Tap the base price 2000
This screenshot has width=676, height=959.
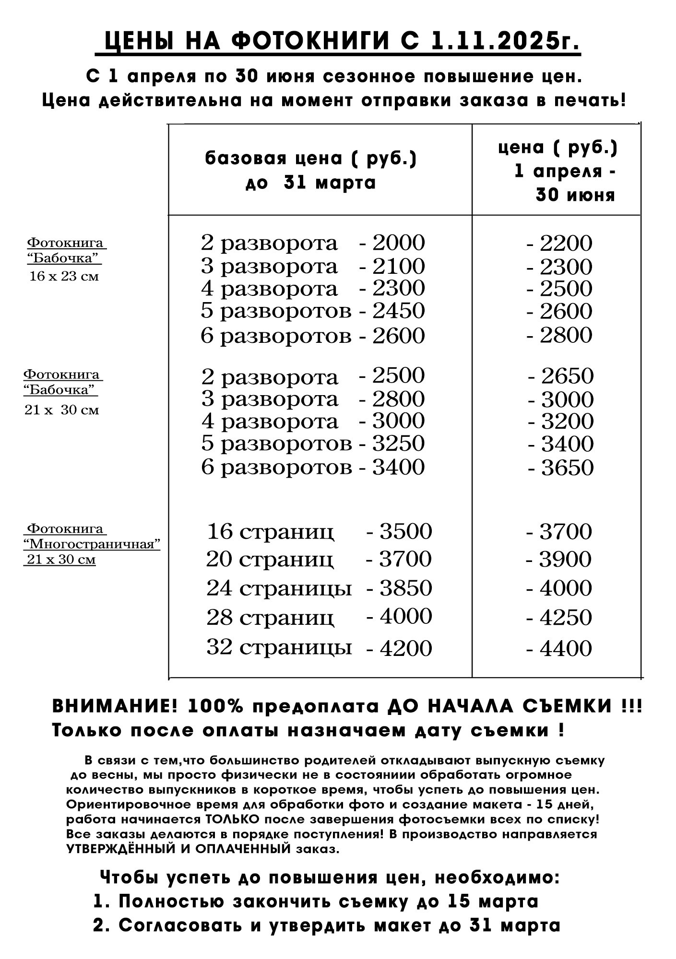(399, 243)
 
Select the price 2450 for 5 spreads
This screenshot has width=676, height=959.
(399, 311)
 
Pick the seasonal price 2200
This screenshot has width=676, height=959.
(566, 244)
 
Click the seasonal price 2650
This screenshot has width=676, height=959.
(568, 376)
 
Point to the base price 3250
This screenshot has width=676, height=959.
(399, 443)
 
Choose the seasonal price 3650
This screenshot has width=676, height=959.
(568, 468)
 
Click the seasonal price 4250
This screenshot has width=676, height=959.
(566, 618)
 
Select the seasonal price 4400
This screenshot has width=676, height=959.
(566, 648)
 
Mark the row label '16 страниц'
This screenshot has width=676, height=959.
(270, 532)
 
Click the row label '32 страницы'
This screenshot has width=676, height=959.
(279, 647)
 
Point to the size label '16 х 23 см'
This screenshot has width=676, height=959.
(64, 277)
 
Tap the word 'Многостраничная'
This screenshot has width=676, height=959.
(92, 544)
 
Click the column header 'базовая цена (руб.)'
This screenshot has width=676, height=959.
(311, 159)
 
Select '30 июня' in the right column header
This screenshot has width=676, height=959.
(575, 195)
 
